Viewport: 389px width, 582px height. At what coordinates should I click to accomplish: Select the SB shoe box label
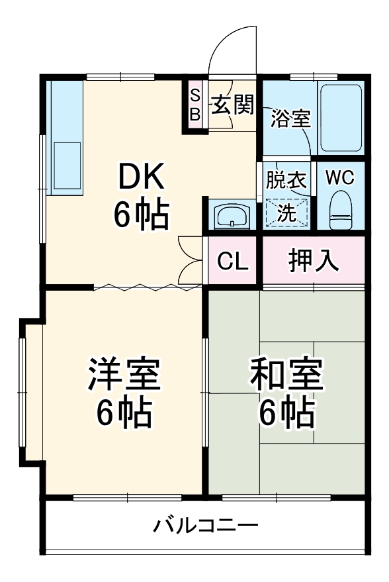pyautogui.click(x=195, y=105)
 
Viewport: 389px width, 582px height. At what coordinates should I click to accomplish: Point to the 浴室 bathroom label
pyautogui.click(x=290, y=119)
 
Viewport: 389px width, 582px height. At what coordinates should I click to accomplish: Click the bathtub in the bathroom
pyautogui.click(x=341, y=117)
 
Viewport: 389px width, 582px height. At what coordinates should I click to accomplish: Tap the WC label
pyautogui.click(x=340, y=177)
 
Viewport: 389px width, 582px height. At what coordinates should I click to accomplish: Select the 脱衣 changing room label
pyautogui.click(x=286, y=179)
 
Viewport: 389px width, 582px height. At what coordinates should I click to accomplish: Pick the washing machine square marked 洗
pyautogui.click(x=286, y=213)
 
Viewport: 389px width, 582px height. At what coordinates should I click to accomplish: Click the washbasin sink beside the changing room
pyautogui.click(x=232, y=215)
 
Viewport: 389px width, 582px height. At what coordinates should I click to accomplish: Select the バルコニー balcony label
pyautogui.click(x=206, y=526)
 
